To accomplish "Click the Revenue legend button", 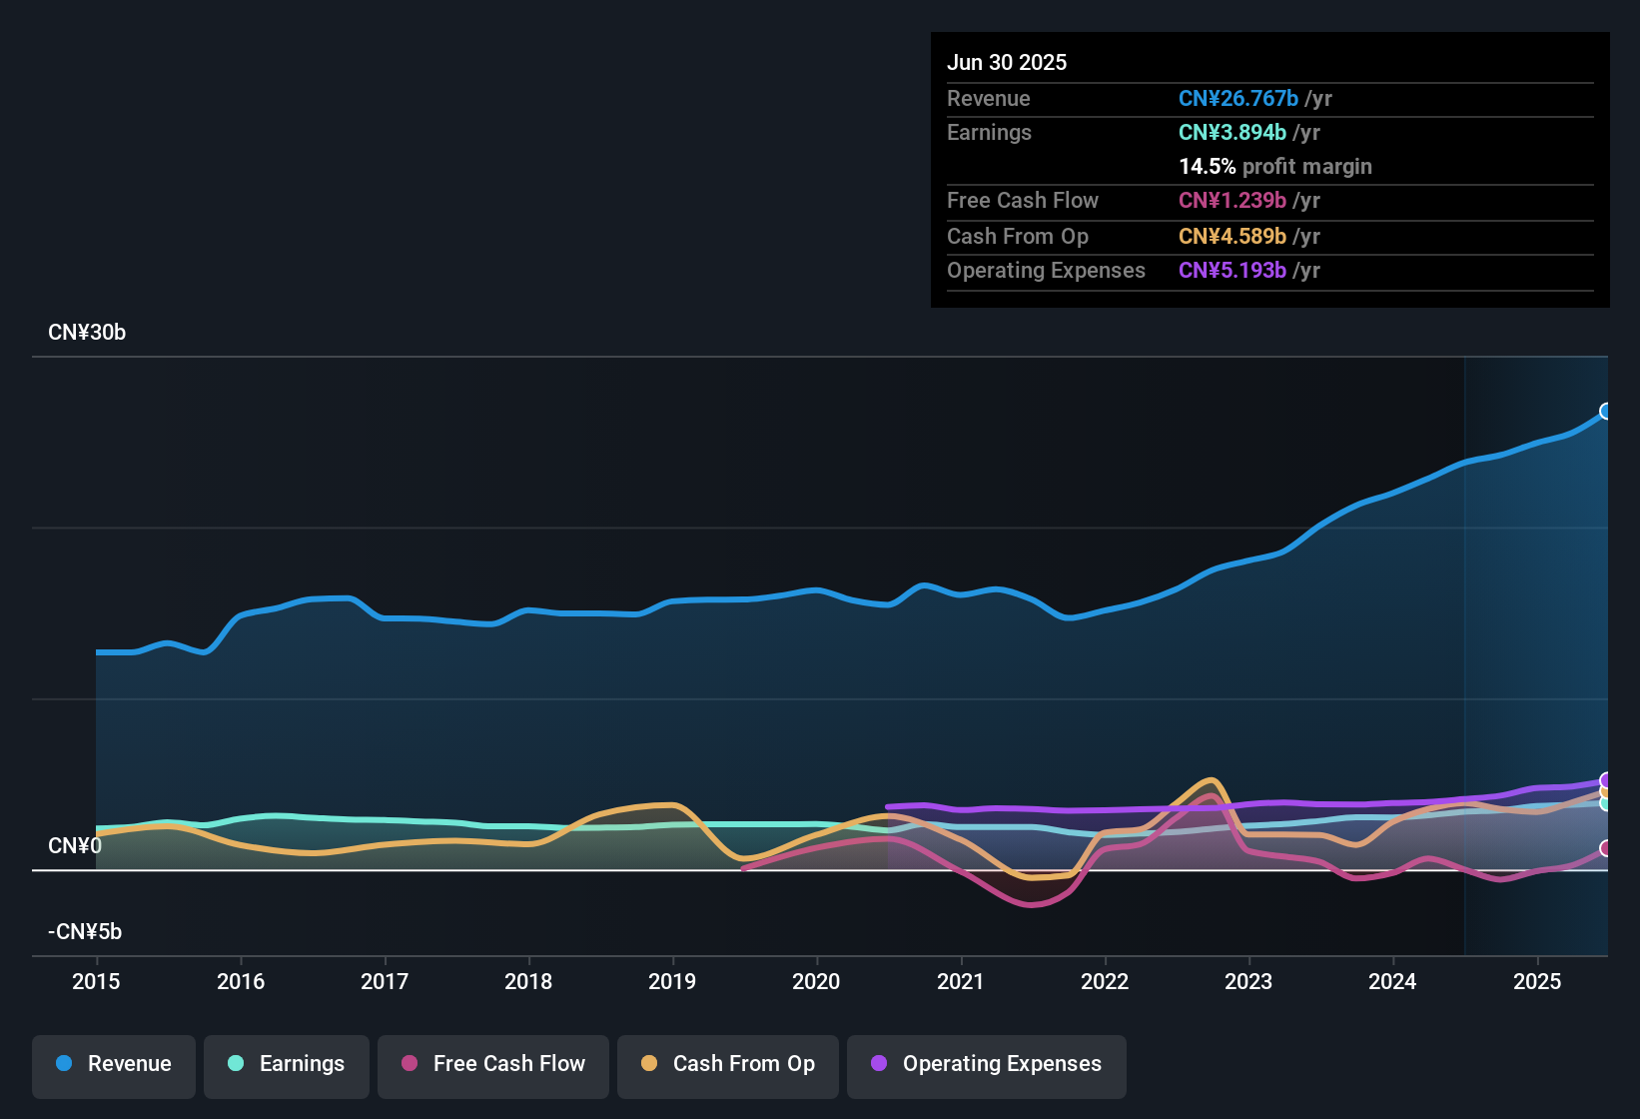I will click(114, 1064).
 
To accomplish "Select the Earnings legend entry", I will click(287, 1064).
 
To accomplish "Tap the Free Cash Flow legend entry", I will click(493, 1064).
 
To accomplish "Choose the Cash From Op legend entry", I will click(728, 1064).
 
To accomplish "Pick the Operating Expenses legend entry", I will click(987, 1064).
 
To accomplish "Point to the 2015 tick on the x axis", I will click(96, 981).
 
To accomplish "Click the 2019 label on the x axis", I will click(672, 981).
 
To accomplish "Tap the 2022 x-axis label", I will click(1105, 981).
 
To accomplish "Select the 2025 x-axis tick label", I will click(1537, 981).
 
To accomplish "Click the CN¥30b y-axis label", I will click(87, 333).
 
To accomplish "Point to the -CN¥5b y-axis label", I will click(85, 932).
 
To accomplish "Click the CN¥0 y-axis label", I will click(75, 846).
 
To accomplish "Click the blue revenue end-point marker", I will click(1606, 411).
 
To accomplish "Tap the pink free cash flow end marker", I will click(1606, 848).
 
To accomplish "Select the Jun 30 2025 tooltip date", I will click(1007, 62).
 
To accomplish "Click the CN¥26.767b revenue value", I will click(1238, 98).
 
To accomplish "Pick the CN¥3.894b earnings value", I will click(1232, 132).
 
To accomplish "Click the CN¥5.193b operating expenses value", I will click(1232, 271).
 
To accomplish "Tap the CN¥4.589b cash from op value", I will click(1232, 237).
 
